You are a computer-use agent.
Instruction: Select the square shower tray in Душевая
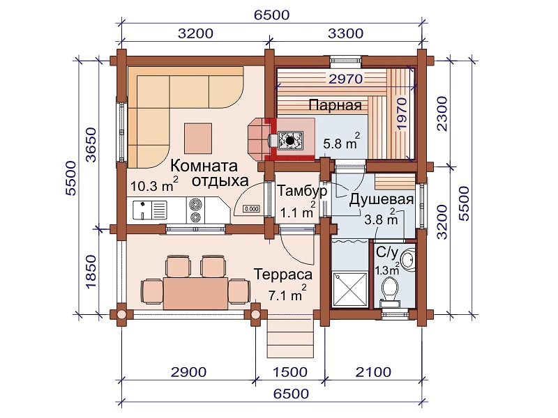349,289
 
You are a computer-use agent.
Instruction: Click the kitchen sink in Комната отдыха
149,210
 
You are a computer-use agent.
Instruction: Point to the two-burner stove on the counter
195,210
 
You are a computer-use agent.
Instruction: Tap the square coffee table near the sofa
198,138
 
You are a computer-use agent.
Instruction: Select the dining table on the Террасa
196,293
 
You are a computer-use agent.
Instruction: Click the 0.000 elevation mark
251,208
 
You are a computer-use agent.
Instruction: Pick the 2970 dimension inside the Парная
345,79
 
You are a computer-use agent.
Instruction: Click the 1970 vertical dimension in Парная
402,114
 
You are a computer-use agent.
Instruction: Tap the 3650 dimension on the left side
91,145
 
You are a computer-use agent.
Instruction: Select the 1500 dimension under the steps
290,372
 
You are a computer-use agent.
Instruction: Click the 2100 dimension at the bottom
374,372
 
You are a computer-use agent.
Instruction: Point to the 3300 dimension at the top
345,33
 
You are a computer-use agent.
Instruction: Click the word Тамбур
302,191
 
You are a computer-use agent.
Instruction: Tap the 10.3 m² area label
154,184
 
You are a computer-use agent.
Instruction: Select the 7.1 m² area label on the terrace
287,293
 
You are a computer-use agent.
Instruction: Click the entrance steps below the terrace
290,338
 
